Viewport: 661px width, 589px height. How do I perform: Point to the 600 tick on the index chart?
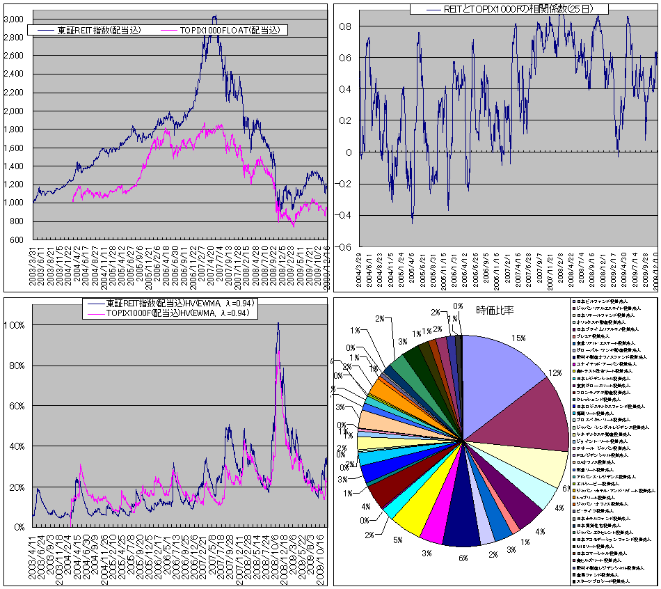20,240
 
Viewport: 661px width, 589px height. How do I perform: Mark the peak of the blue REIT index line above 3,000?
214,16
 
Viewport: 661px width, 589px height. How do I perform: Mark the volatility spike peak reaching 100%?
278,323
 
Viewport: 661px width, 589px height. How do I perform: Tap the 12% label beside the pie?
555,373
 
